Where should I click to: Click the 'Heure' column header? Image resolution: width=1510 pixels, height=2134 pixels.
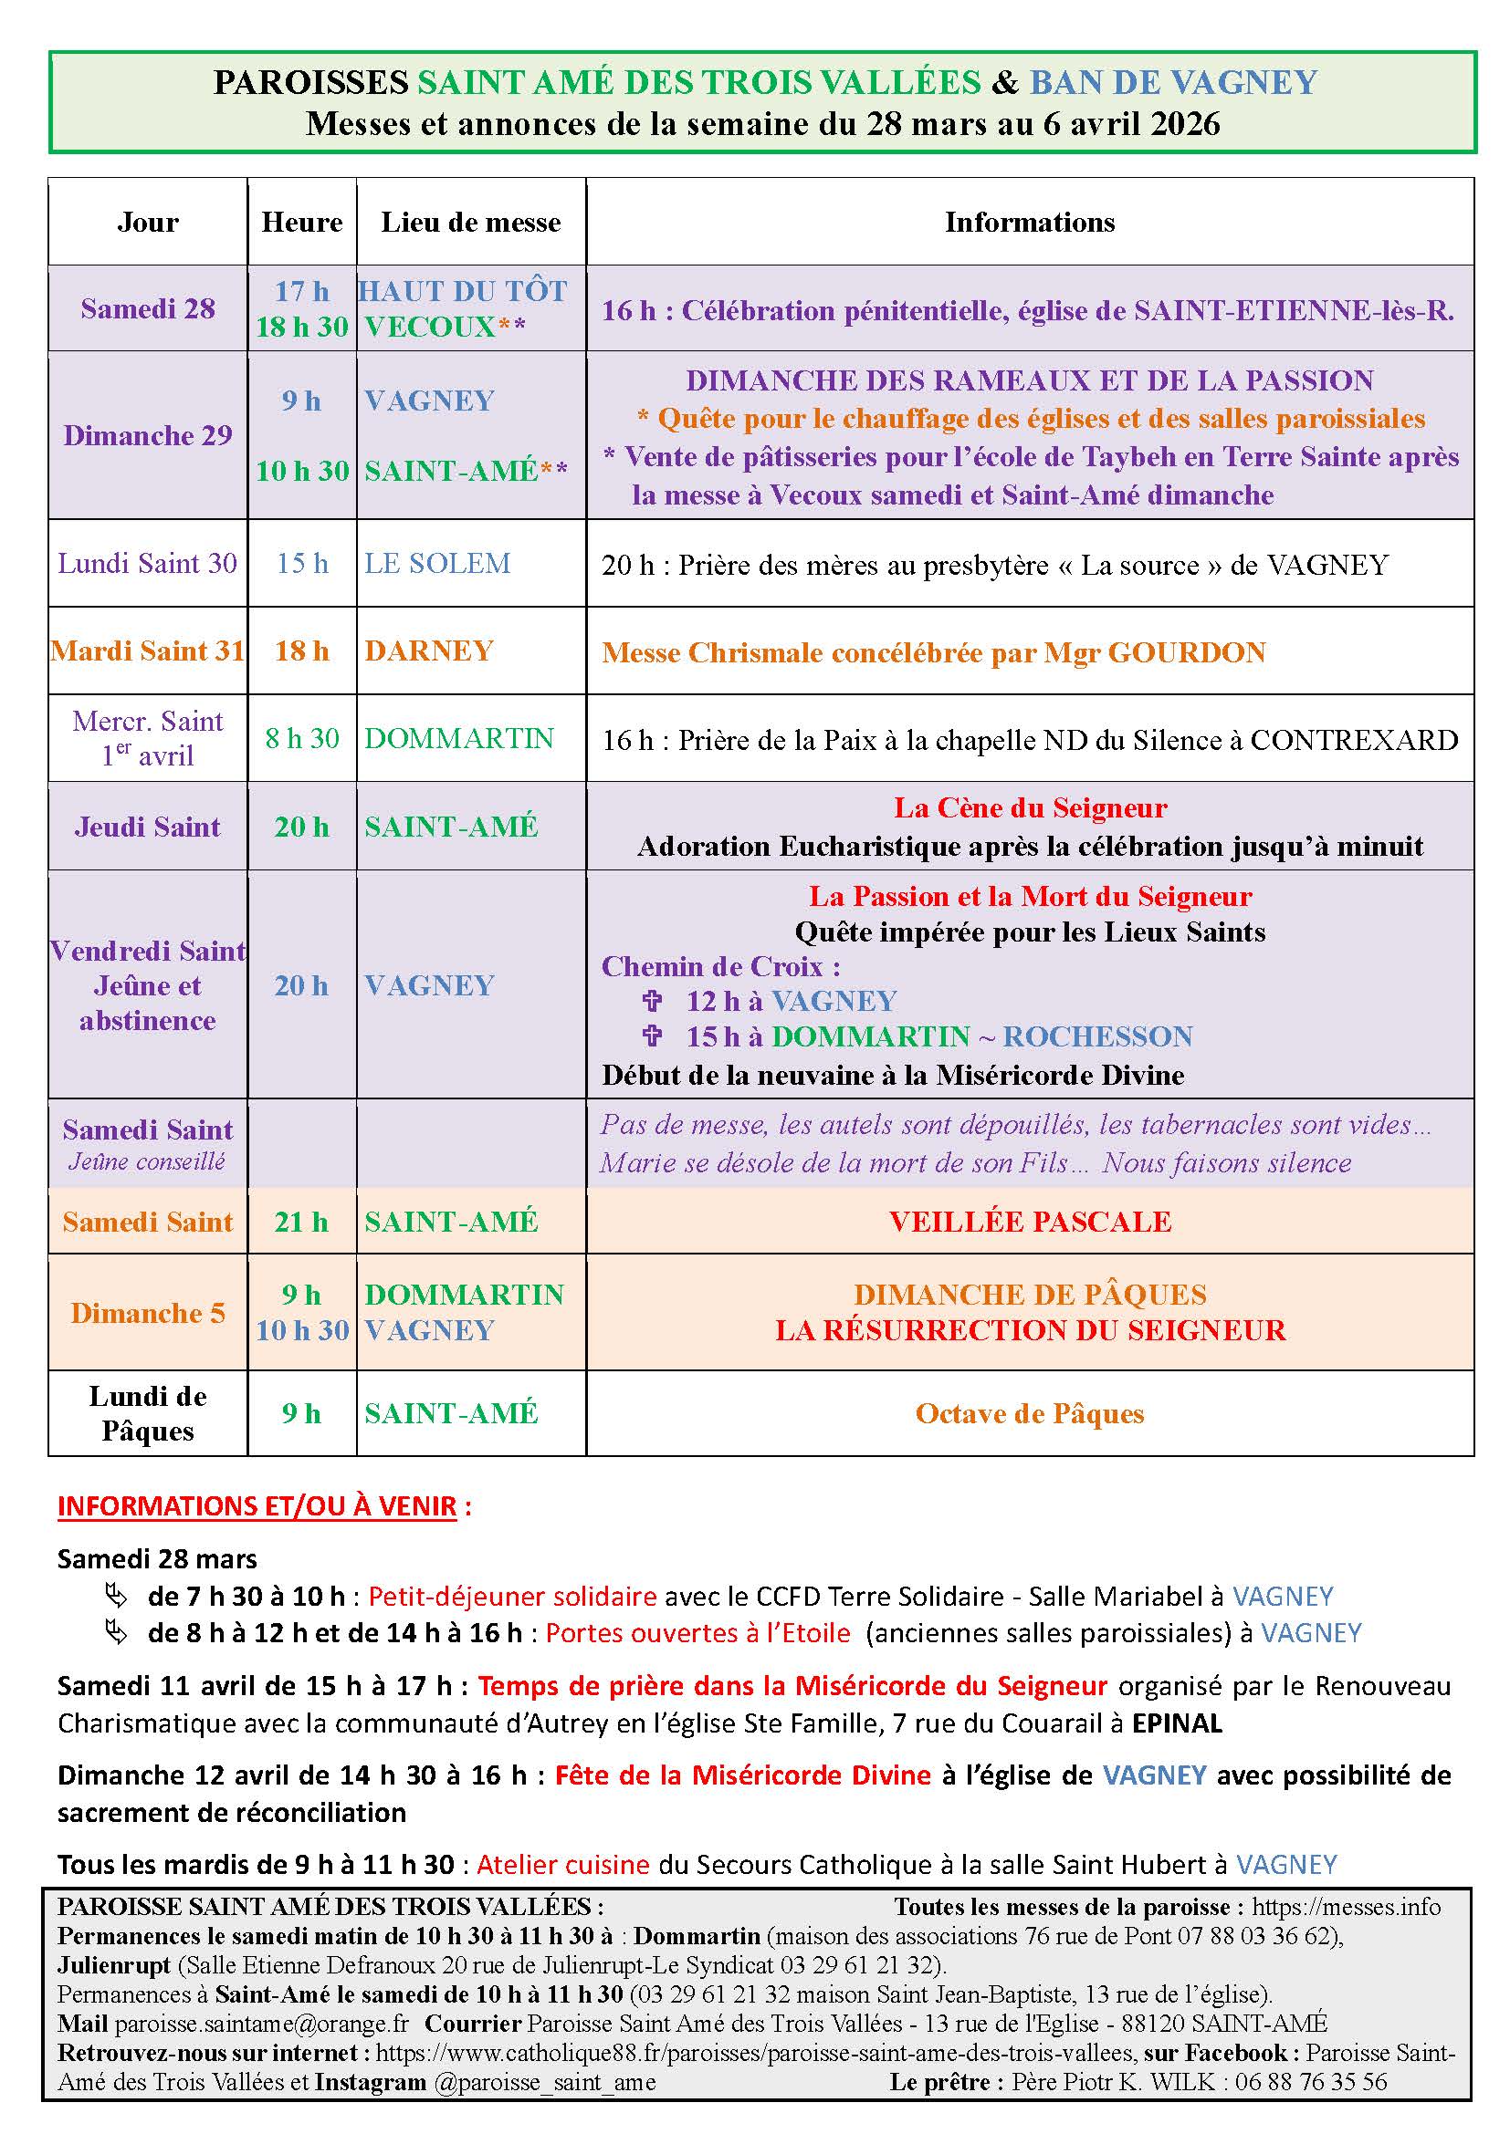click(301, 222)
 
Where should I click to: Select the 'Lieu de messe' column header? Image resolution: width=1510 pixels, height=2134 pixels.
click(470, 222)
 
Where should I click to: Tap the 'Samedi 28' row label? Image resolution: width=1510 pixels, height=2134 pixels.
click(148, 308)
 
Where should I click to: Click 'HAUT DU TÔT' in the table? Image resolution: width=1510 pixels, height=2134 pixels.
click(462, 291)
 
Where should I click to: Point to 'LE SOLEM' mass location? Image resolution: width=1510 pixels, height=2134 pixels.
click(437, 563)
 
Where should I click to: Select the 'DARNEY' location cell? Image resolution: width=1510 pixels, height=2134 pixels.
click(429, 651)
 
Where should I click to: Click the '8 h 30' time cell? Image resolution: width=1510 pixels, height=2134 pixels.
click(301, 738)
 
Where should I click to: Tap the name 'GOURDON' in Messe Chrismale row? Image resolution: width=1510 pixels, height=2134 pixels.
click(1188, 652)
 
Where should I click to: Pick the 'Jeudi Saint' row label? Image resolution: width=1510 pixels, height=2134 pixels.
click(148, 827)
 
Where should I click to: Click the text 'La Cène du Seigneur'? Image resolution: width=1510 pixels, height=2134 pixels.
click(1030, 807)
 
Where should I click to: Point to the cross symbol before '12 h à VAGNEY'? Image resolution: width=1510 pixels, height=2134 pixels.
click(653, 1001)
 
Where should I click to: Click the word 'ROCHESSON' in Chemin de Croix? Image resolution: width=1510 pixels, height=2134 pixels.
click(1097, 1036)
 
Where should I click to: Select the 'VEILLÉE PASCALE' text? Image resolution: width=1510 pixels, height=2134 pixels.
click(1030, 1222)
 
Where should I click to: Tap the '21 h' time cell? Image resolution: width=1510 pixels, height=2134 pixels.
click(301, 1222)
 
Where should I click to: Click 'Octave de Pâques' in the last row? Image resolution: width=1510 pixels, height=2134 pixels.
click(1029, 1413)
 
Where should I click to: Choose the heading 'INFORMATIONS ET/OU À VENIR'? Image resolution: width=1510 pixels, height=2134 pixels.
click(257, 1505)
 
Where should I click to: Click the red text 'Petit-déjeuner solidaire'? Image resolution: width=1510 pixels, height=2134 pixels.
click(512, 1597)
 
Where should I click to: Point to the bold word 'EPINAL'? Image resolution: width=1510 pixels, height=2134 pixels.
click(1176, 1723)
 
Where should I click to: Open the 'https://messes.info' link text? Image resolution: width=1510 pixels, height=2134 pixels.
click(1346, 1907)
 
